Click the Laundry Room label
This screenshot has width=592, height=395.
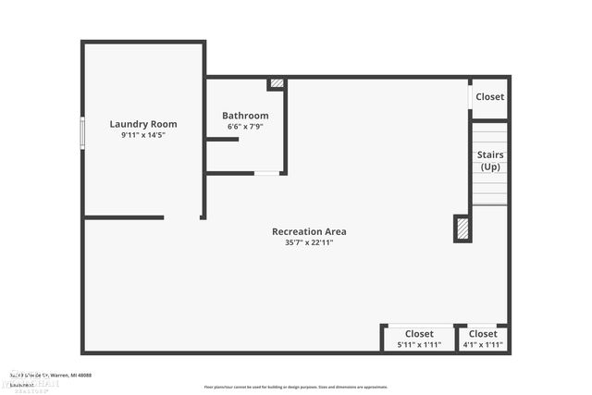pyautogui.click(x=143, y=124)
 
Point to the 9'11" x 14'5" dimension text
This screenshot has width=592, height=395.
pyautogui.click(x=143, y=135)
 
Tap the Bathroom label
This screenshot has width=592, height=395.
pyautogui.click(x=245, y=116)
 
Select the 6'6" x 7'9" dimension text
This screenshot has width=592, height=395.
pyautogui.click(x=245, y=127)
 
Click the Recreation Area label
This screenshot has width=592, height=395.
pyautogui.click(x=309, y=231)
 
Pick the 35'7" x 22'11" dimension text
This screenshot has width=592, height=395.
pyautogui.click(x=309, y=243)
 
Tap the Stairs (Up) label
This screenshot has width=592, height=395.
pyautogui.click(x=489, y=161)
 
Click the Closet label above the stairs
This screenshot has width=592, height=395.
pyautogui.click(x=489, y=97)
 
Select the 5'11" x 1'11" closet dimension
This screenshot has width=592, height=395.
pyautogui.click(x=419, y=345)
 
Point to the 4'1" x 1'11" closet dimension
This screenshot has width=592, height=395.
pyautogui.click(x=482, y=345)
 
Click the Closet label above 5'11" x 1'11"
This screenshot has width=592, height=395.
pyautogui.click(x=419, y=334)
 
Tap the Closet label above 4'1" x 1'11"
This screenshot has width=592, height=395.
pyautogui.click(x=482, y=334)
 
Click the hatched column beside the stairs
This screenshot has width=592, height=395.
pyautogui.click(x=462, y=228)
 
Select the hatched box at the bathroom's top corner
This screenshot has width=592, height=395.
pyautogui.click(x=277, y=84)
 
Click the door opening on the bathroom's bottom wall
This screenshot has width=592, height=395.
pyautogui.click(x=266, y=173)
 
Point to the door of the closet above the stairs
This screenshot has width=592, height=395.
pyautogui.click(x=470, y=96)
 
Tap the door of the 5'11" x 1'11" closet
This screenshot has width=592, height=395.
pyautogui.click(x=420, y=325)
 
